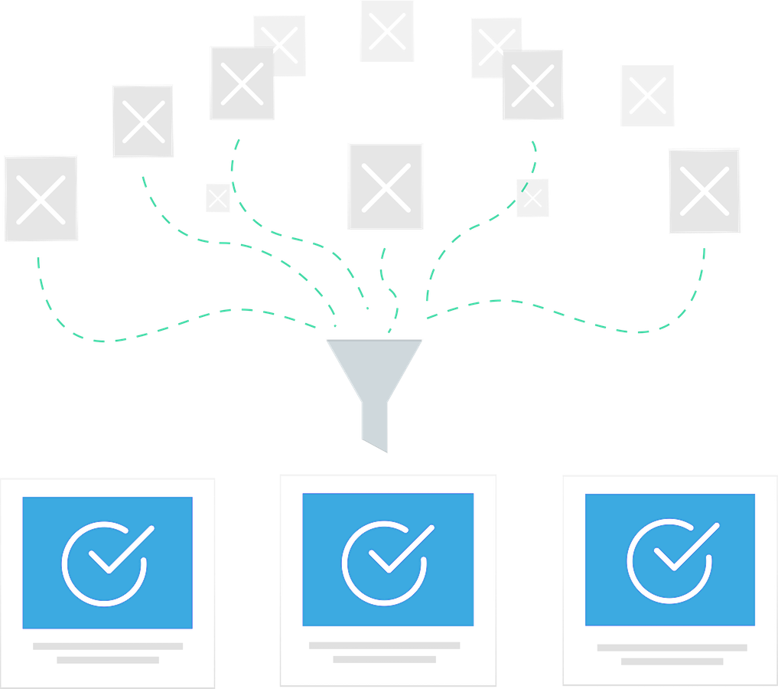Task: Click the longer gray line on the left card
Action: (108, 646)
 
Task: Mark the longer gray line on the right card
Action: (672, 648)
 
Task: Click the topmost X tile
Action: (387, 31)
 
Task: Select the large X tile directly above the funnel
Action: (386, 186)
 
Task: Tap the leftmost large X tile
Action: (41, 199)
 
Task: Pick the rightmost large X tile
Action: (704, 191)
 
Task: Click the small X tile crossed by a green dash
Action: (532, 198)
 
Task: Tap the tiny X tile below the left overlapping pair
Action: (217, 198)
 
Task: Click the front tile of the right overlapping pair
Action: (533, 85)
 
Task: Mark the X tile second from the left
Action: (143, 121)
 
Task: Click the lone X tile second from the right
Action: (647, 96)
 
